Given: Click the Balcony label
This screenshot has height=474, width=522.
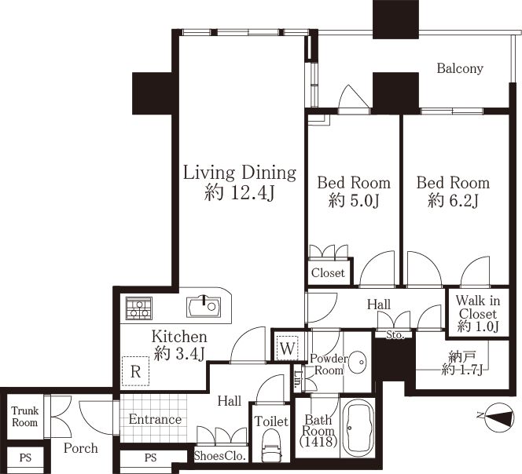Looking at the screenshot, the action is (x=460, y=68).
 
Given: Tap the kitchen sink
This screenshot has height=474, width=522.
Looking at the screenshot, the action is (x=204, y=306).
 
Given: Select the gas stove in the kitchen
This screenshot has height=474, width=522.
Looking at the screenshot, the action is (x=139, y=308).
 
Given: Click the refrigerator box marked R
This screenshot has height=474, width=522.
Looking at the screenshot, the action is (x=135, y=371).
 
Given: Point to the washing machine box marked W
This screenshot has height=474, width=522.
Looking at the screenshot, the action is (x=287, y=348).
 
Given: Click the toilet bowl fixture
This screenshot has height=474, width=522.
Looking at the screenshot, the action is (x=271, y=445).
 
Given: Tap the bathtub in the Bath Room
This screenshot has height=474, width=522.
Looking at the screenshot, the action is (x=358, y=428).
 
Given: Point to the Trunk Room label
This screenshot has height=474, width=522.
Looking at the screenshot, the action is (x=25, y=417).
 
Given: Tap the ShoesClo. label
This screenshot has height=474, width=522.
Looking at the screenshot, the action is (x=220, y=455).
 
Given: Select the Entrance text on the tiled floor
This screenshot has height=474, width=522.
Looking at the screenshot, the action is (x=155, y=420).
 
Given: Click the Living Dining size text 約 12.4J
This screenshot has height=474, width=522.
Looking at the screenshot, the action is (x=240, y=192).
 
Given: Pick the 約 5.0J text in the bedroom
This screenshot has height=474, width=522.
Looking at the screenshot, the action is (x=354, y=201).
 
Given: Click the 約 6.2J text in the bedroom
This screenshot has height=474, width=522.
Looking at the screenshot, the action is (x=453, y=201).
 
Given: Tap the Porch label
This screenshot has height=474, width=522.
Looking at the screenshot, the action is (x=80, y=448).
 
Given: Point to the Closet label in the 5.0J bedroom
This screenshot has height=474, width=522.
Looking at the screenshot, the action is (x=328, y=273).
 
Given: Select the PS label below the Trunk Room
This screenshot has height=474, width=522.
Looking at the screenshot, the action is (x=25, y=458).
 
